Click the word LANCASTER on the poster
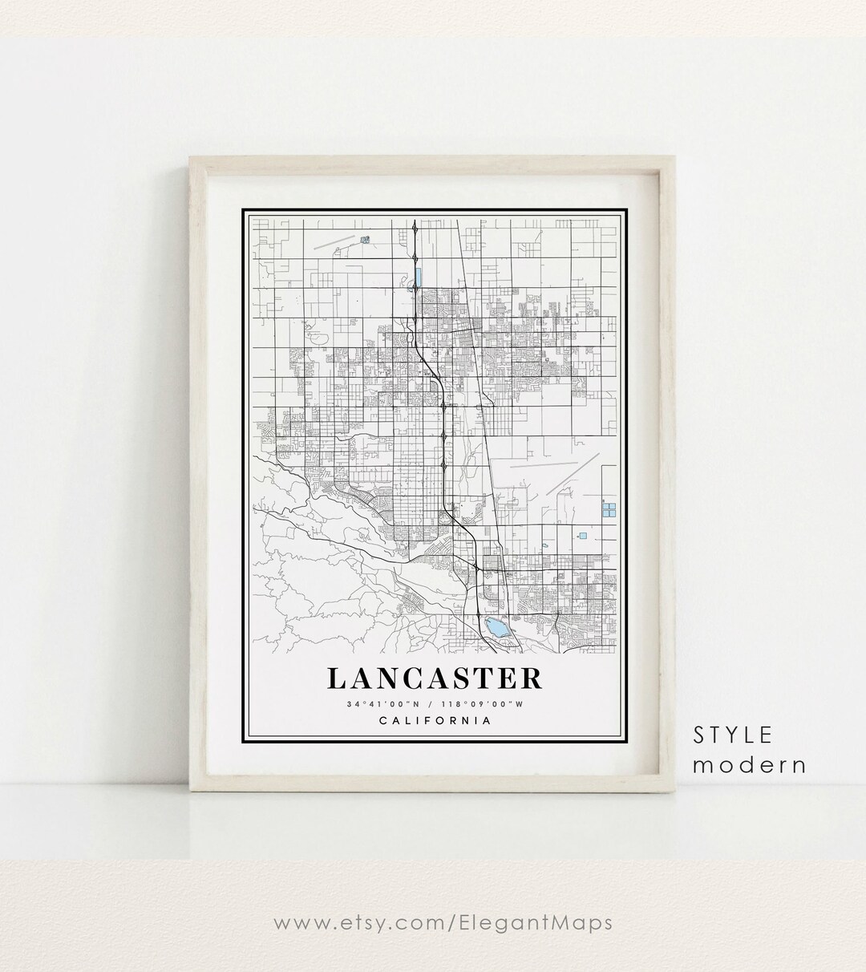(x=435, y=678)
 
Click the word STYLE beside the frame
(x=733, y=735)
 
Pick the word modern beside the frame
(x=749, y=764)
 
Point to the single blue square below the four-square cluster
(x=583, y=536)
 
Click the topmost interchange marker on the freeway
(x=415, y=231)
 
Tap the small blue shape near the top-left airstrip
(x=366, y=239)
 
